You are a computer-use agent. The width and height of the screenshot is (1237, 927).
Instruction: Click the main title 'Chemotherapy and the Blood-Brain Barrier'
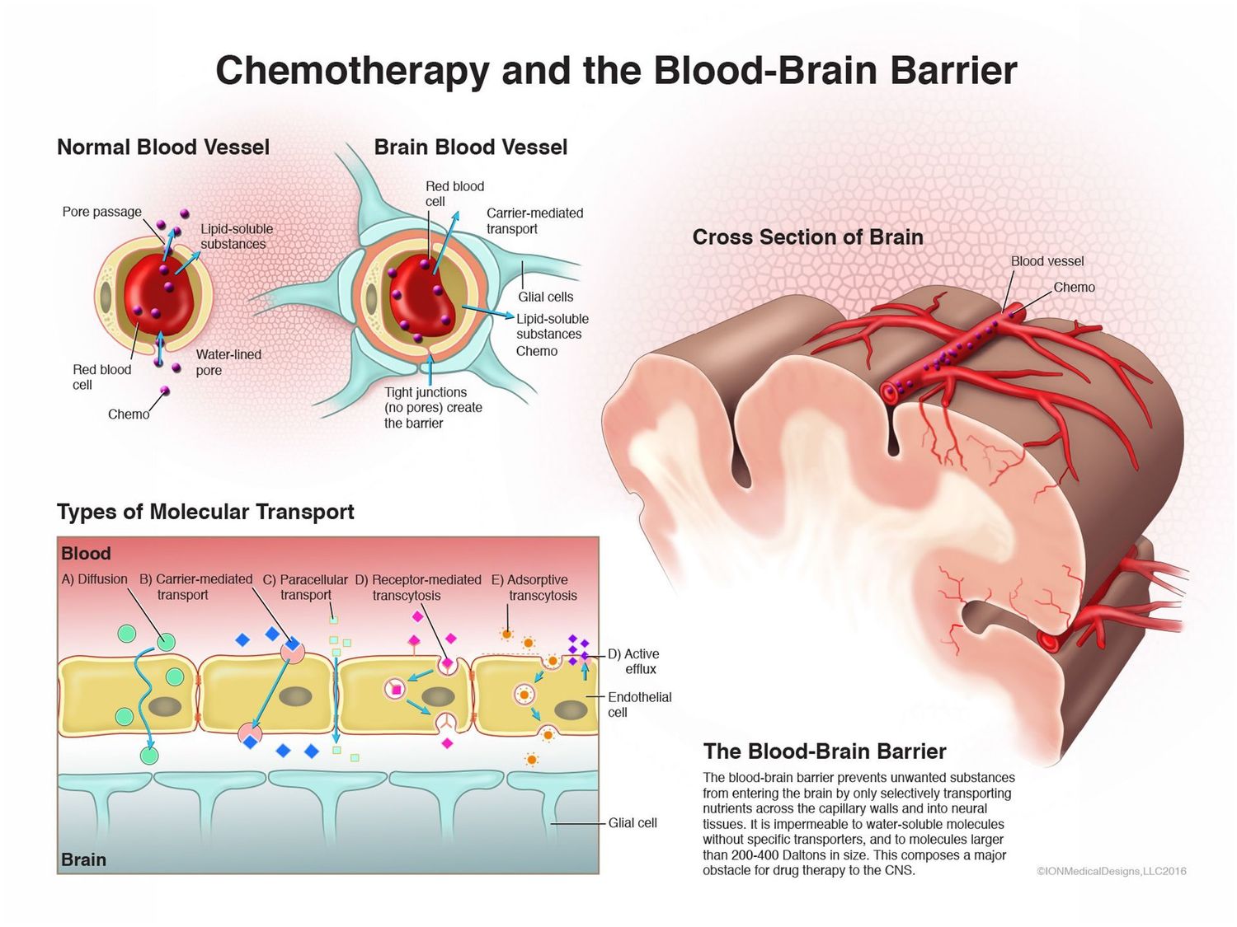click(x=616, y=70)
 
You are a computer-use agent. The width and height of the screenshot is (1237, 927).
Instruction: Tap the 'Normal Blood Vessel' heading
click(x=163, y=147)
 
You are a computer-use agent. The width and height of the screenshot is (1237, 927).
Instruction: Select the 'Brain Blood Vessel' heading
click(x=470, y=147)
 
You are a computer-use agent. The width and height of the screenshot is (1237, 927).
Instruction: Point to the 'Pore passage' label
click(x=101, y=212)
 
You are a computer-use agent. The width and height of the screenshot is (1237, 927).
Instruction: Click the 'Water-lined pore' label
click(x=228, y=362)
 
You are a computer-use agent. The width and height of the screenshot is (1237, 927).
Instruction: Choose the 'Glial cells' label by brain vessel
click(x=545, y=297)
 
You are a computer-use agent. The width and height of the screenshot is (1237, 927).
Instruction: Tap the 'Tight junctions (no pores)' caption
click(x=432, y=407)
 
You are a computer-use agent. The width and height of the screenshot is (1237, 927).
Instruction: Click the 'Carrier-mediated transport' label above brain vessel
click(x=534, y=221)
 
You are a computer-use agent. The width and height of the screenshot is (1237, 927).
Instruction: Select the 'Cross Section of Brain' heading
click(x=807, y=237)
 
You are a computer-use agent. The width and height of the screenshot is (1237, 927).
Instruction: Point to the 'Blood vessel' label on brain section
click(x=1047, y=261)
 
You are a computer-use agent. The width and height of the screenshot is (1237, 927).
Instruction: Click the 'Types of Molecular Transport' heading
click(x=205, y=512)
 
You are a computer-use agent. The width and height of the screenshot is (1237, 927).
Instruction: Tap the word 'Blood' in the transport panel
click(x=86, y=554)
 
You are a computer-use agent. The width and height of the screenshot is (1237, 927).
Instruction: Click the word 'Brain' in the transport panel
click(x=83, y=859)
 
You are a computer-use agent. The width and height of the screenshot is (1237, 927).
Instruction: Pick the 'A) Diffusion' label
click(x=94, y=579)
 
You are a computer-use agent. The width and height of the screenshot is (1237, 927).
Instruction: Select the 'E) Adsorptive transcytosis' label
click(x=534, y=588)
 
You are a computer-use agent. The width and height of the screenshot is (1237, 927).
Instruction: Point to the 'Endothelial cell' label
click(x=639, y=705)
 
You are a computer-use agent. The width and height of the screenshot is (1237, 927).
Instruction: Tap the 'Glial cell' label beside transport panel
click(x=633, y=822)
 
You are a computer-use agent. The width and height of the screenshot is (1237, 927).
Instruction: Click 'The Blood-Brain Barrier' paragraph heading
click(x=824, y=751)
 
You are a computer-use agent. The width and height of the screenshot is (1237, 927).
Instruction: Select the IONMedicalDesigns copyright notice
click(x=1111, y=871)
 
